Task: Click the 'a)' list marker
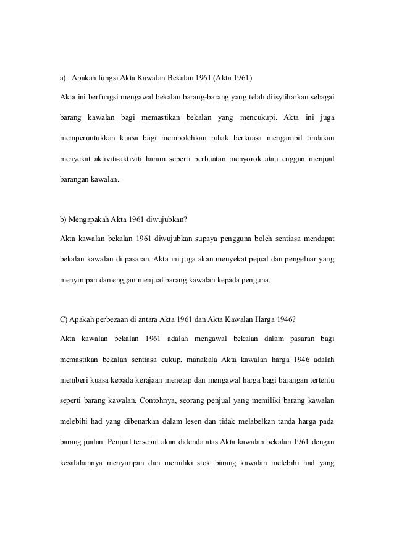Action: [x=62, y=78]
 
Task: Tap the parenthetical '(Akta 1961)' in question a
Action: [x=233, y=78]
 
